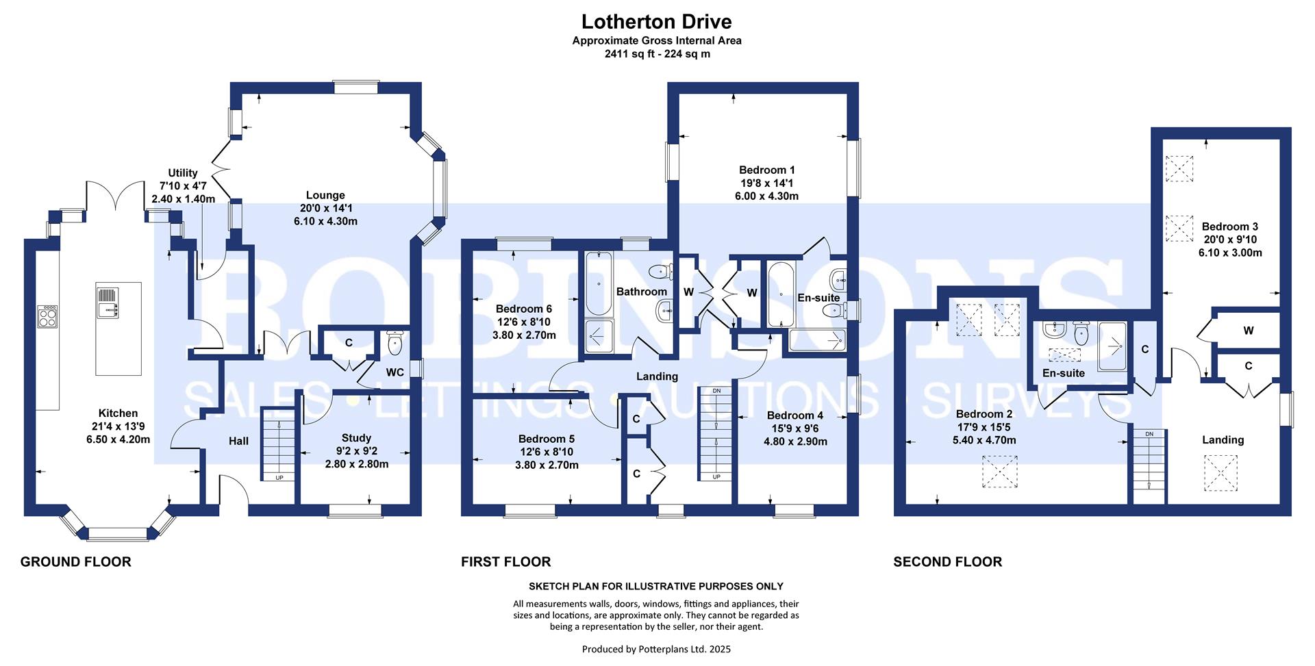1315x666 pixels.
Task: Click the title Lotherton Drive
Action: click(x=657, y=22)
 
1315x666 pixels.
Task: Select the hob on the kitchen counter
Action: click(x=48, y=316)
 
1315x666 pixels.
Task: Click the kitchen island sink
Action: click(x=108, y=303)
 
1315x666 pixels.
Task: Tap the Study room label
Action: click(x=356, y=438)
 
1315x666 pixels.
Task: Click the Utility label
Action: click(x=183, y=173)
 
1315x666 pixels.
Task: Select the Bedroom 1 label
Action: click(x=767, y=170)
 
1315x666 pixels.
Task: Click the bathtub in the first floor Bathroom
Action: click(x=599, y=283)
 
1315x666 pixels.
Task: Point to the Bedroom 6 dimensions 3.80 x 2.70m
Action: click(x=524, y=335)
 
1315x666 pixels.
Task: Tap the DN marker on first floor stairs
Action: click(x=716, y=391)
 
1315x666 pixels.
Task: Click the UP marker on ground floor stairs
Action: click(x=279, y=477)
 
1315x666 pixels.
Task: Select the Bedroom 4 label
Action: click(x=795, y=415)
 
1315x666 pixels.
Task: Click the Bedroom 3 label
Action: click(x=1230, y=227)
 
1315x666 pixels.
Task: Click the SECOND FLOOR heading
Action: click(x=948, y=562)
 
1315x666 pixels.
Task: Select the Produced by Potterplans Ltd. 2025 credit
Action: click(x=656, y=649)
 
